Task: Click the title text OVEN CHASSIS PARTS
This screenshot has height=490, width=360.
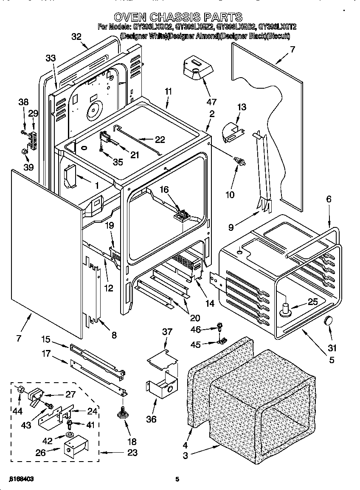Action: point(178,17)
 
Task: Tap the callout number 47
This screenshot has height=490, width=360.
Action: point(211,102)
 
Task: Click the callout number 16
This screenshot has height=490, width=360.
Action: point(164,190)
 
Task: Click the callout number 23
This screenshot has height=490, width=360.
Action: point(132,453)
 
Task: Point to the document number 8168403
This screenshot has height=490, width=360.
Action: point(21,479)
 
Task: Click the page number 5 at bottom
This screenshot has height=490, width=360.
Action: point(177,479)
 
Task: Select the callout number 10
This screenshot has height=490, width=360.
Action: point(230,195)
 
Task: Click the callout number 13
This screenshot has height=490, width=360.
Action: point(241,107)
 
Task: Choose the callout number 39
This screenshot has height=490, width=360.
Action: point(28,167)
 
